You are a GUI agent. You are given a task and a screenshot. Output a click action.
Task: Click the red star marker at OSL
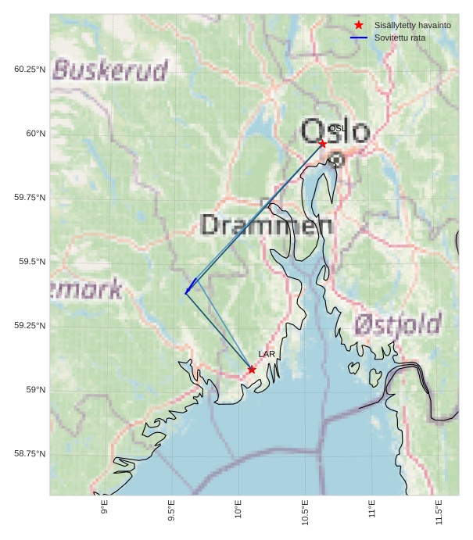tap(322, 144)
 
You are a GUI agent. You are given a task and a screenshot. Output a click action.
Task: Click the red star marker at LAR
tap(252, 370)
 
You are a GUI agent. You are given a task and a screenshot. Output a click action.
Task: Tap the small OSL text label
tap(336, 128)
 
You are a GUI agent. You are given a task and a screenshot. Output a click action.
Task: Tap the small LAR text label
tap(267, 355)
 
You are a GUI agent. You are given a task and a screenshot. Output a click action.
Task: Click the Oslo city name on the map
tap(335, 131)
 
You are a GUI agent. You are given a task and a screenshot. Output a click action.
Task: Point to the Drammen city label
tap(267, 225)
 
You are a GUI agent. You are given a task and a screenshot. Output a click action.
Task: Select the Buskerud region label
tap(110, 70)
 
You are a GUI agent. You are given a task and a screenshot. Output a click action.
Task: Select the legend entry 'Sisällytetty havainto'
tap(412, 26)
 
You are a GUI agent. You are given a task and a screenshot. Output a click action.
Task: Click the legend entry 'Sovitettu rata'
tap(400, 38)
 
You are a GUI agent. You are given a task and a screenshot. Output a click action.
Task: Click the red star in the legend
tap(359, 26)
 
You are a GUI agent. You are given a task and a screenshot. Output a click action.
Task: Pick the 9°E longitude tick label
tap(105, 510)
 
